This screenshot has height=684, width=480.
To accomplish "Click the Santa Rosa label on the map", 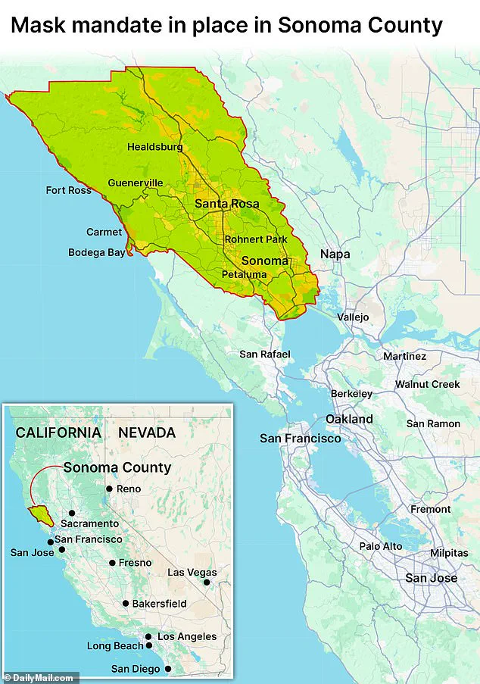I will tap(226, 204).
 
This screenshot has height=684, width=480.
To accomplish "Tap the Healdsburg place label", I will tap(154, 147).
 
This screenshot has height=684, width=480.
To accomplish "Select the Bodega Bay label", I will tap(96, 253).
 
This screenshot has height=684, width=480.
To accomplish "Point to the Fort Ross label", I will tap(69, 190).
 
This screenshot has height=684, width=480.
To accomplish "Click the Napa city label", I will tap(335, 255).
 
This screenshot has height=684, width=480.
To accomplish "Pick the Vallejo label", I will tap(353, 317).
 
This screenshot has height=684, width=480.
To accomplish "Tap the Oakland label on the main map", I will tap(349, 419).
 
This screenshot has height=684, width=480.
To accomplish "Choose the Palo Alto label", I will tap(381, 546).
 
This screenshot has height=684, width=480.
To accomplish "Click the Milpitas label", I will tap(450, 554).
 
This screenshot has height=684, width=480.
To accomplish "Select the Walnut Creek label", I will tap(427, 385).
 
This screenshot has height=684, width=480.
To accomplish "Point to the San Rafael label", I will tap(264, 354).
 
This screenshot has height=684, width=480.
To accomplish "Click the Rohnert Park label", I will tap(256, 239).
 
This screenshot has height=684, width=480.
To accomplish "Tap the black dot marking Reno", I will tap(109, 489).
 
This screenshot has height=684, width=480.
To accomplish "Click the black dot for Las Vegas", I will tap(207, 583).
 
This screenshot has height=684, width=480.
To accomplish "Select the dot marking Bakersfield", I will tap(126, 604).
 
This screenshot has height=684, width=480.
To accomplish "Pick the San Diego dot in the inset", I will tap(168, 669).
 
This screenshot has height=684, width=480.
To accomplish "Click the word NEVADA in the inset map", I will tap(147, 433).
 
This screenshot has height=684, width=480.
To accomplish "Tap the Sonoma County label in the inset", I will tap(117, 467).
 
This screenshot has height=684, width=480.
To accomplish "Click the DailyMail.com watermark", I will tap(39, 677).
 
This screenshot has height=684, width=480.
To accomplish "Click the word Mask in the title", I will tap(39, 25).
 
